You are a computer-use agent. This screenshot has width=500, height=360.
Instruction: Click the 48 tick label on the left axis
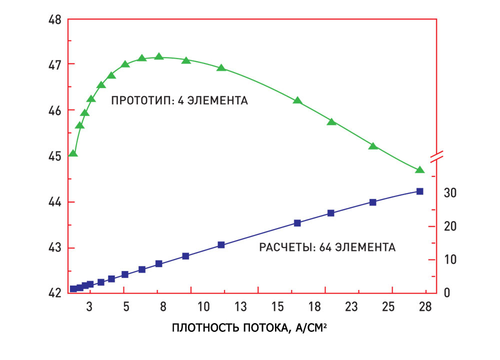click(x=54, y=20)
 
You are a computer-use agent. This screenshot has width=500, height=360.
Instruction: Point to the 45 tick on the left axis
click(x=54, y=156)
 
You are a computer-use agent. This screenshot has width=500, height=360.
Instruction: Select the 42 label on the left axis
click(x=54, y=293)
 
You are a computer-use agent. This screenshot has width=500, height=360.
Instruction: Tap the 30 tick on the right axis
click(x=449, y=193)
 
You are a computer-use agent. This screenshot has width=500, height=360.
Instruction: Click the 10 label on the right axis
click(x=449, y=259)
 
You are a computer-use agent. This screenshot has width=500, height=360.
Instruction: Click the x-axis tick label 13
click(x=241, y=306)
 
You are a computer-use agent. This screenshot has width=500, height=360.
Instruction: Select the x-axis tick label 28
click(x=425, y=306)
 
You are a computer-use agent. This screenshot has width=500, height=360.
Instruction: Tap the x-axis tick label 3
click(x=89, y=306)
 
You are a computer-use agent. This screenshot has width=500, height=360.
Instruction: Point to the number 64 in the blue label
click(x=321, y=247)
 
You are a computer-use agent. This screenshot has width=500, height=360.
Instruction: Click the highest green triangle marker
click(x=159, y=56)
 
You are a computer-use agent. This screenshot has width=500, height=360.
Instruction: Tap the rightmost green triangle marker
click(x=419, y=170)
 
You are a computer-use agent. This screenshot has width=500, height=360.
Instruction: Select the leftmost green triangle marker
click(x=73, y=153)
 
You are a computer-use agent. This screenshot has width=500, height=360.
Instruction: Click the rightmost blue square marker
click(x=419, y=191)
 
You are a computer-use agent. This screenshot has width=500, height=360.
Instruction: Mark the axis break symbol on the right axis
click(x=437, y=156)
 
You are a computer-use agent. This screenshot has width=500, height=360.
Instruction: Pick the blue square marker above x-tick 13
click(x=221, y=245)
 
